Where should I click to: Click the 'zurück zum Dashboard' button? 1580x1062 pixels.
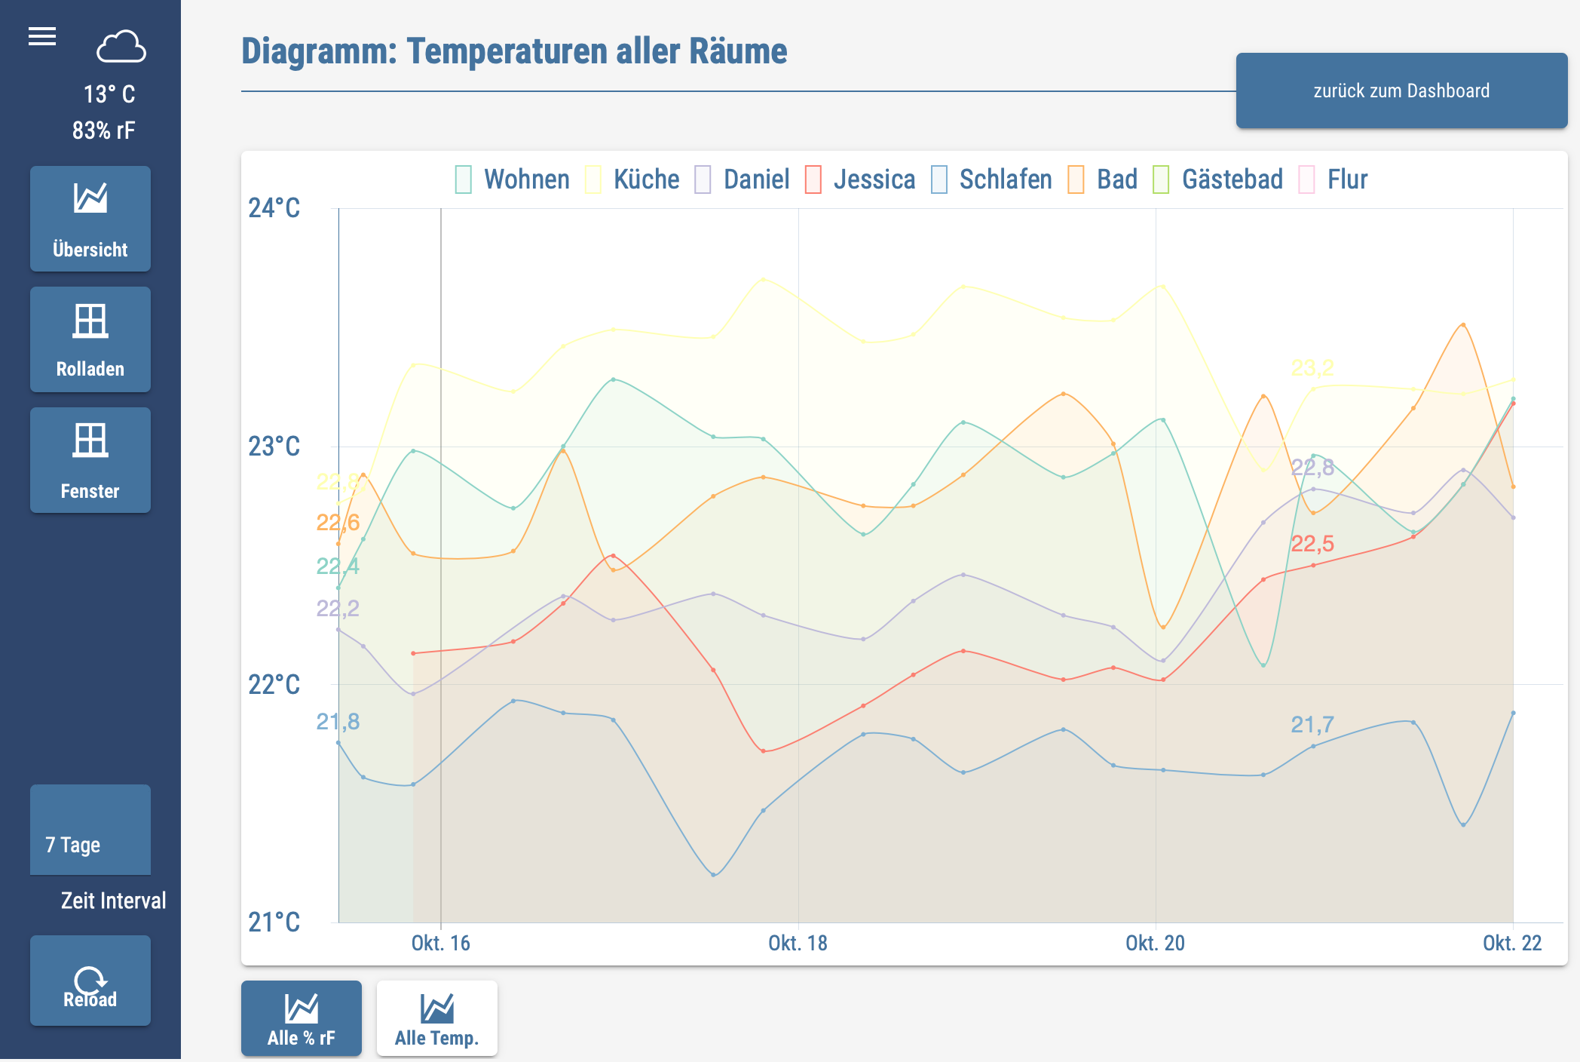[1401, 91]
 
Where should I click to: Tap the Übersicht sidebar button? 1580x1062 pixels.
[90, 219]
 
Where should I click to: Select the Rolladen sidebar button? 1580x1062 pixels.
[90, 339]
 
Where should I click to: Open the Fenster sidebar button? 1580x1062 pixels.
[90, 460]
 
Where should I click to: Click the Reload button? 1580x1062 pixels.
[90, 981]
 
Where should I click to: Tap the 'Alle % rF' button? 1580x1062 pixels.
[302, 1018]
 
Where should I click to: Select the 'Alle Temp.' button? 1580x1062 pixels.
[437, 1018]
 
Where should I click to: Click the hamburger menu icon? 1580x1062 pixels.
[42, 36]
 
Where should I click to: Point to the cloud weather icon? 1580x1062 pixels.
[121, 47]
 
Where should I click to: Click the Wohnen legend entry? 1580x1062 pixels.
[513, 180]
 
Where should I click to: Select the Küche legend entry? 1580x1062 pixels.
[633, 180]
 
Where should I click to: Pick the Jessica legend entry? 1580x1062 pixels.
[861, 180]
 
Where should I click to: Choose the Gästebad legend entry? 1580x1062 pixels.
[1218, 180]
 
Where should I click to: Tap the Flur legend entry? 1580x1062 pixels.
[1334, 180]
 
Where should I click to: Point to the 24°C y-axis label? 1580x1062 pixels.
[274, 208]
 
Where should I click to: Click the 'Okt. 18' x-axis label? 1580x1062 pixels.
[798, 943]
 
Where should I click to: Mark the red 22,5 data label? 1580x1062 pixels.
[1312, 543]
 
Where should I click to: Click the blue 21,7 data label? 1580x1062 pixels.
[1312, 724]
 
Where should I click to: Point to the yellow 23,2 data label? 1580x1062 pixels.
[1312, 367]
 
